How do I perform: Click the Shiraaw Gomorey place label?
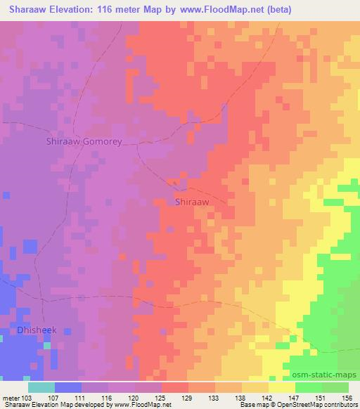click(84, 141)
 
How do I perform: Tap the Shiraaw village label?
click(192, 202)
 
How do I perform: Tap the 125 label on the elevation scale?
click(162, 398)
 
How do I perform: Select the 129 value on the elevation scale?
click(188, 398)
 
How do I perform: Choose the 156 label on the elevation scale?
click(347, 398)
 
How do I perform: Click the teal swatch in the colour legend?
click(41, 387)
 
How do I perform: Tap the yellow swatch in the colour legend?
click(282, 387)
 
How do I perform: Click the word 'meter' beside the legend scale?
click(11, 398)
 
